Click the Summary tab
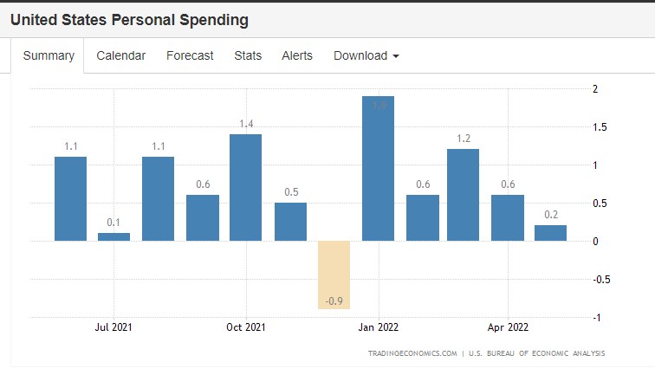coord(49,55)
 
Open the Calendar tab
coord(120,55)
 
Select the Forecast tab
coord(190,55)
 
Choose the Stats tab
coord(248,55)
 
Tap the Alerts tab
coord(297,55)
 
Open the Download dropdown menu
coord(366,55)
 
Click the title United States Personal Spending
coord(129,19)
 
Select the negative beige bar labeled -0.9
coord(334,274)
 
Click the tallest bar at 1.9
coord(378,169)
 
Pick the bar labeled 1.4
coord(246,187)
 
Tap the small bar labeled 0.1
coord(113,236)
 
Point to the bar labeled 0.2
coord(550,233)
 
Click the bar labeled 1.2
coord(463,195)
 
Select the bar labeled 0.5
coord(290,222)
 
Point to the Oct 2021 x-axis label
coord(246,327)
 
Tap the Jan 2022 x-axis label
coord(378,327)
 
